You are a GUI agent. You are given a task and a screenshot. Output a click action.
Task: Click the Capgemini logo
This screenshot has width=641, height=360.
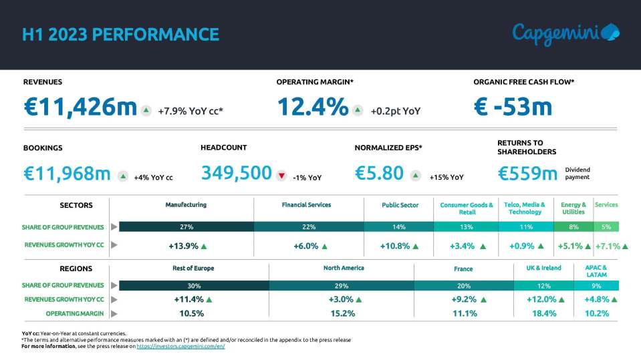tap(565, 33)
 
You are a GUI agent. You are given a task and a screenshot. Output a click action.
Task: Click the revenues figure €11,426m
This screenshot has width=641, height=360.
tap(80, 108)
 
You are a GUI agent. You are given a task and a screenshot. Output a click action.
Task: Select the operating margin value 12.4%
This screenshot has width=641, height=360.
tap(312, 108)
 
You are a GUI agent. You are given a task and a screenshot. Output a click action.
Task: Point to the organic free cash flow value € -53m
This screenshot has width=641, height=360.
tap(513, 108)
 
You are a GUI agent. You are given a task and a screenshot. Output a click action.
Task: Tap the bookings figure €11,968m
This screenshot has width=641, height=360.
tap(67, 174)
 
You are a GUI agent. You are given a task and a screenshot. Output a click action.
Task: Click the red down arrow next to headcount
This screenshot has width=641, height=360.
tap(281, 176)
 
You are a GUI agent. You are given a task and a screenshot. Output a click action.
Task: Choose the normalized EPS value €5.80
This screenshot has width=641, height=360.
tap(379, 174)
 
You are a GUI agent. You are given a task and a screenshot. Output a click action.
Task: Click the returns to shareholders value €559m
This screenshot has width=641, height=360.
tap(527, 174)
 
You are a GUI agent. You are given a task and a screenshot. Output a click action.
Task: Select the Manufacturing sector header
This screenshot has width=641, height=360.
tap(186, 205)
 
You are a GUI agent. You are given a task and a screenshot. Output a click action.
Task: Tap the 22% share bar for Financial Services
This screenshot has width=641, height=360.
tap(309, 227)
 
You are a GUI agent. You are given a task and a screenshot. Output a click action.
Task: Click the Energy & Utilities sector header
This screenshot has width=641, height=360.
tap(573, 208)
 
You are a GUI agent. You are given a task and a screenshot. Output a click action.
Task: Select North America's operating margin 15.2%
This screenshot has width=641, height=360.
tap(342, 313)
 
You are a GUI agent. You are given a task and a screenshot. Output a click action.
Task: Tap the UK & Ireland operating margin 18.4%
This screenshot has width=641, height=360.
tap(545, 313)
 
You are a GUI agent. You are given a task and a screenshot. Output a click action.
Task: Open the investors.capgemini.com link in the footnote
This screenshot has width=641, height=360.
tap(180, 347)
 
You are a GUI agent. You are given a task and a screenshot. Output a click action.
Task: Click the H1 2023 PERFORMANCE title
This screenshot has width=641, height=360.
tap(120, 34)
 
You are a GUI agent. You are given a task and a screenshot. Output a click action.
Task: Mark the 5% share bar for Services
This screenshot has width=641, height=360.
tap(606, 227)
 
